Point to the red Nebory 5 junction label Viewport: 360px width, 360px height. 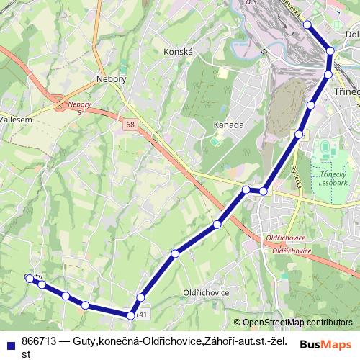point(79,108)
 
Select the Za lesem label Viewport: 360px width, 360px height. point(15,120)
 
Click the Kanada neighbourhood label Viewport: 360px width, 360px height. point(229,125)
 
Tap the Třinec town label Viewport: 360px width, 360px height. point(346,93)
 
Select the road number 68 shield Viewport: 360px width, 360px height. point(130,125)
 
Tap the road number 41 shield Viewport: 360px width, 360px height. point(144,314)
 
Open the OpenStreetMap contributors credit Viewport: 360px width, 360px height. point(292,323)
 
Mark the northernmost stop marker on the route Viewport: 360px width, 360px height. point(307,24)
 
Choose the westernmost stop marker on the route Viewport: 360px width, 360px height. point(29,278)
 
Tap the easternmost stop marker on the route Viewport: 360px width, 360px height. point(330,50)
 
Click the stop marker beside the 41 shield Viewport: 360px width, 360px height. point(131,315)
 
